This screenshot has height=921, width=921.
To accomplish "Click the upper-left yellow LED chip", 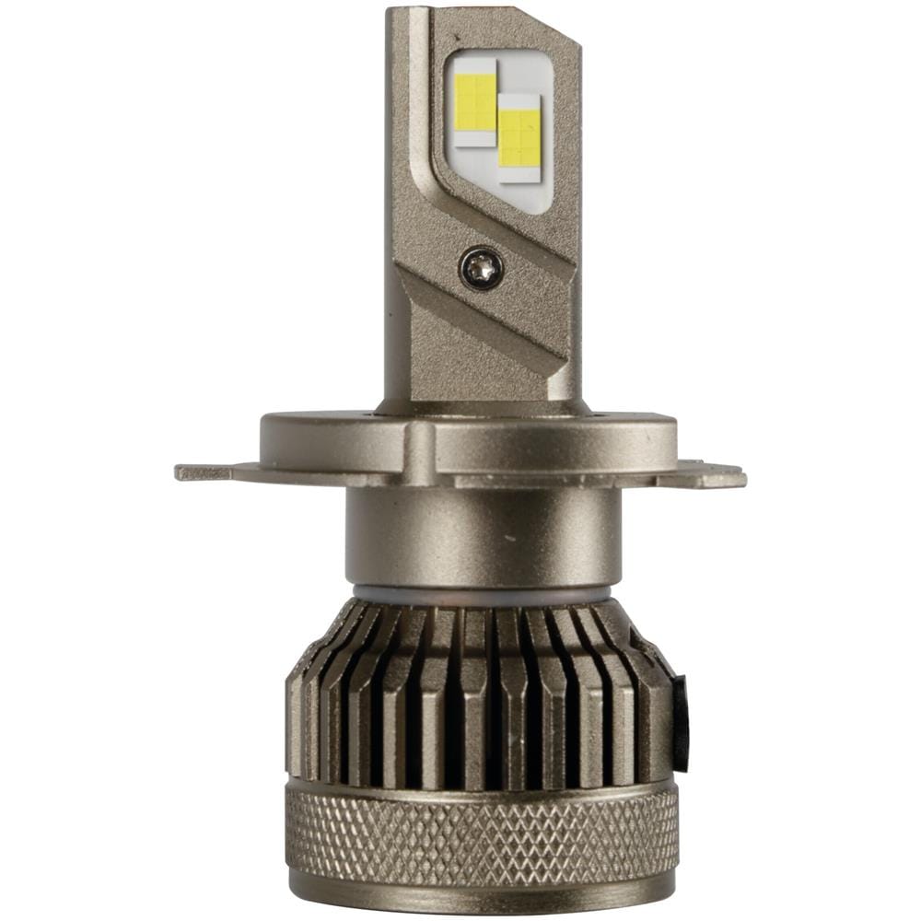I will (475, 100).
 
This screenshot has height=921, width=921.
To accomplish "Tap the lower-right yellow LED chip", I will (519, 137).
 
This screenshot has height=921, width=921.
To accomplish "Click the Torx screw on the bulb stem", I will (481, 269).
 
